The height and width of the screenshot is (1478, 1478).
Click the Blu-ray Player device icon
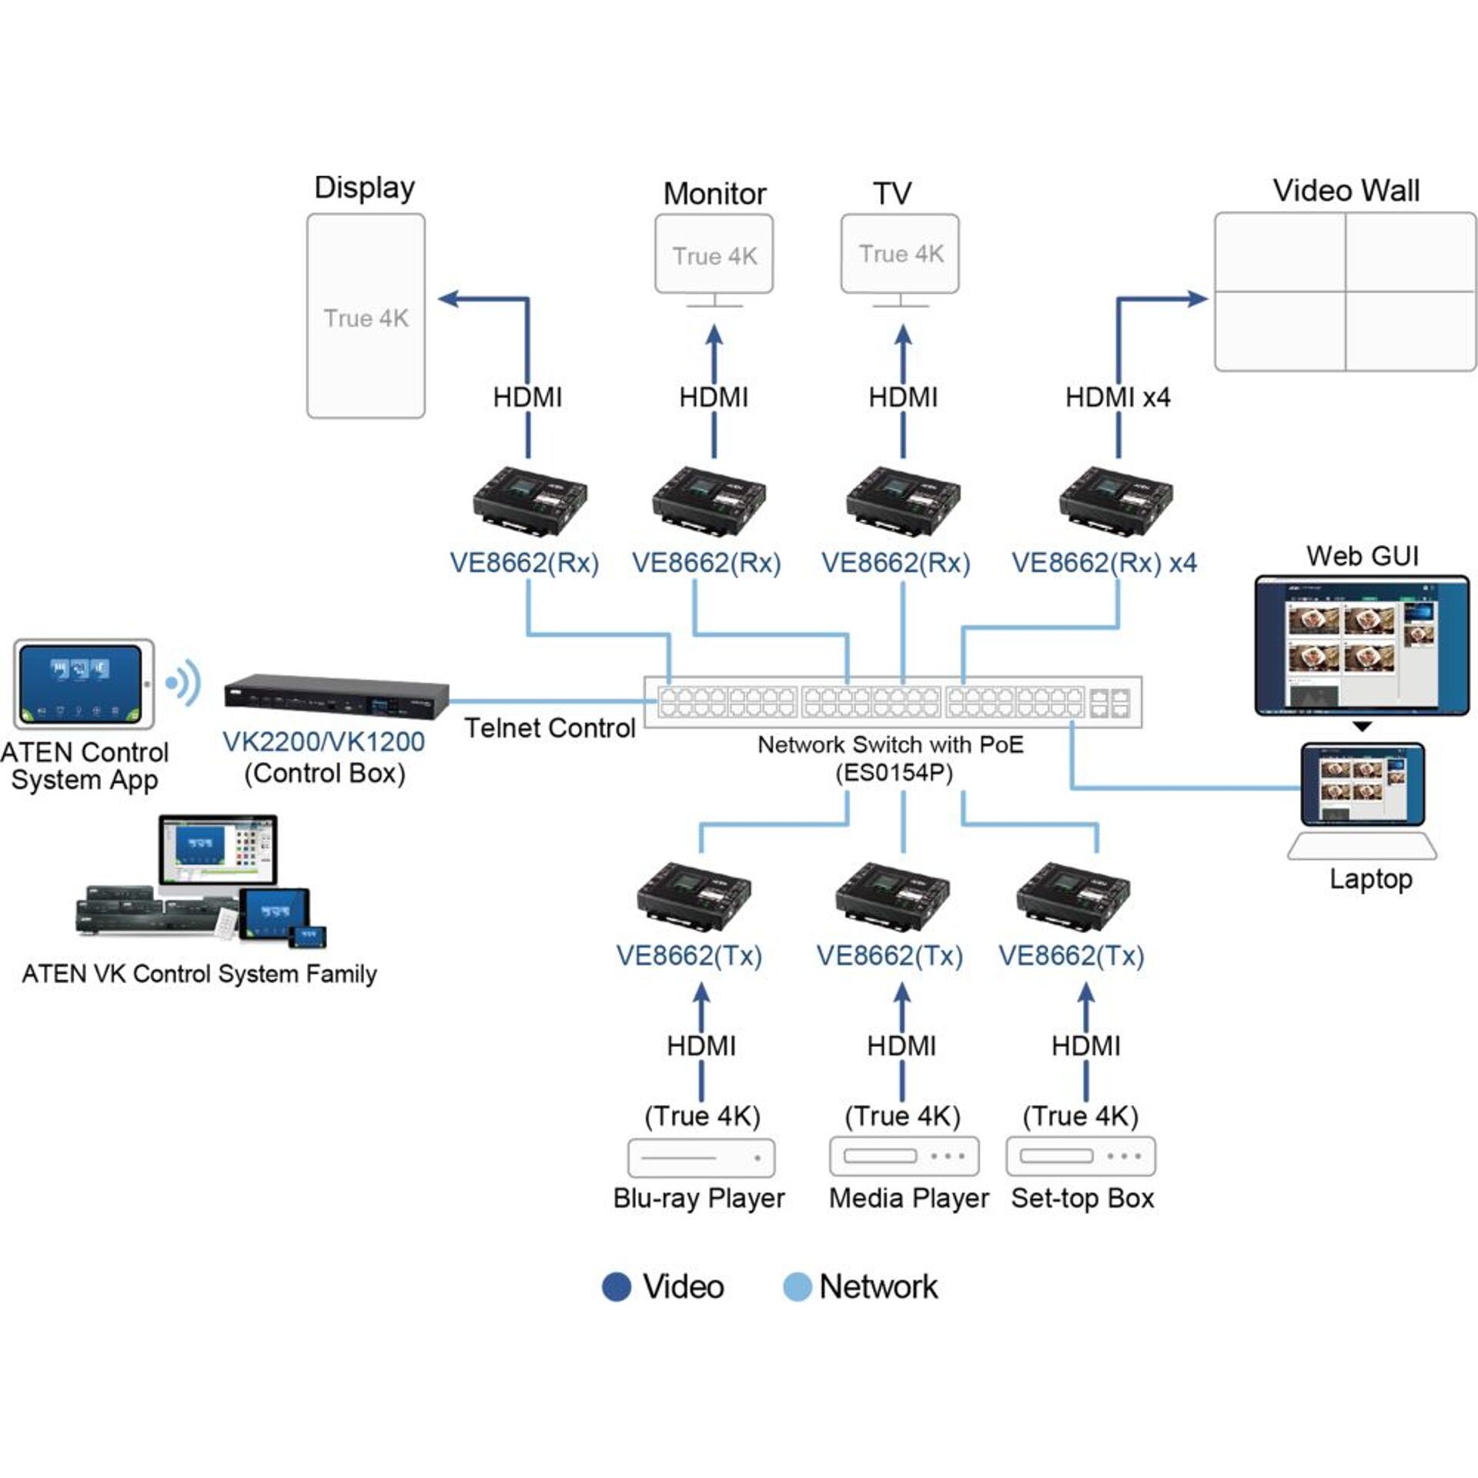[x=701, y=1158]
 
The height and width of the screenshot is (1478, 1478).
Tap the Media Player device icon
[x=904, y=1156]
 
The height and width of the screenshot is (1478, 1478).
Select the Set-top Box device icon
[x=1081, y=1156]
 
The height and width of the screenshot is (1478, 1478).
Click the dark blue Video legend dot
[x=616, y=1287]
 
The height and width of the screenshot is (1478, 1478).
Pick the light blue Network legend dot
[x=797, y=1287]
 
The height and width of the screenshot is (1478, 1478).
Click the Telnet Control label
[x=550, y=728]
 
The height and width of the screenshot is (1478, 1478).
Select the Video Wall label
[x=1346, y=191]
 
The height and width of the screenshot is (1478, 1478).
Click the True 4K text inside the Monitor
[x=714, y=256]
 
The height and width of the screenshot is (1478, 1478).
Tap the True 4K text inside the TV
[x=901, y=254]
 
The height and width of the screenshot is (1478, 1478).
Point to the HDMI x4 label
[x=1117, y=397]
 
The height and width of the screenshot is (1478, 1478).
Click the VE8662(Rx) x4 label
[x=1104, y=563]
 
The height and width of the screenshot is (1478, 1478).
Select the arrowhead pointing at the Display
[x=449, y=299]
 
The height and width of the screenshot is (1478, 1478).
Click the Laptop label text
[x=1371, y=879]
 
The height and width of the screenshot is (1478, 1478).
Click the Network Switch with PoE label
[x=891, y=745]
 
